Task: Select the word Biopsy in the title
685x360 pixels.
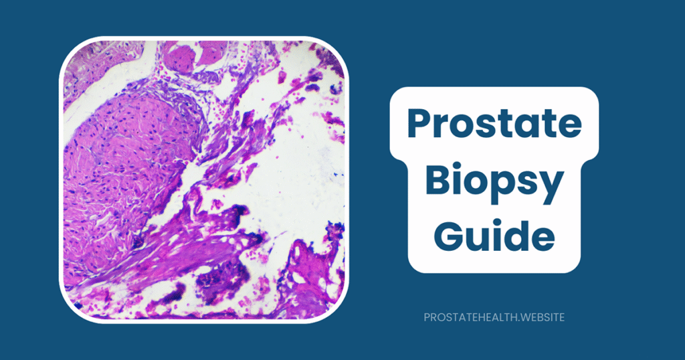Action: [x=495, y=183]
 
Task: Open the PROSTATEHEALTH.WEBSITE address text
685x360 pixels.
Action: [x=494, y=317]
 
